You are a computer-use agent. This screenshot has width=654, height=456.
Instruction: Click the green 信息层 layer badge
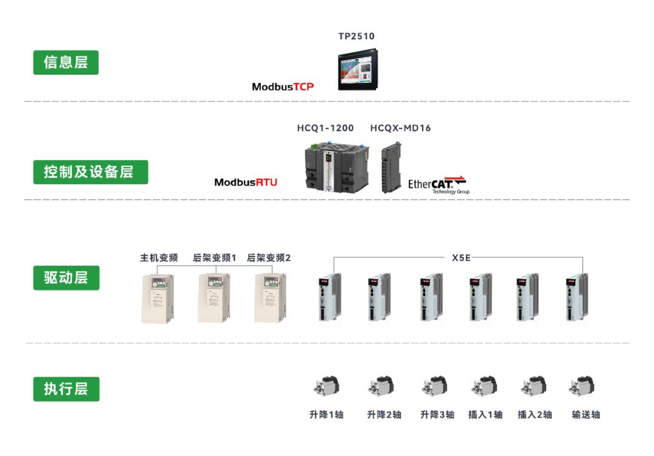pos(65,62)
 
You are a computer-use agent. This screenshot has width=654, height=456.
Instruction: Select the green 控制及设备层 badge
pos(90,172)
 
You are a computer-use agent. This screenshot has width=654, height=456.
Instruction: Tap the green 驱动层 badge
pos(66,278)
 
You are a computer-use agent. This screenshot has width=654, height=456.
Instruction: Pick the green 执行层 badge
pos(66,389)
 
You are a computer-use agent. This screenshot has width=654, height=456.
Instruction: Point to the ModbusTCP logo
pos(283,87)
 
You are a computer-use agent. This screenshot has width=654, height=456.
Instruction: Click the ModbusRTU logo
pos(246,182)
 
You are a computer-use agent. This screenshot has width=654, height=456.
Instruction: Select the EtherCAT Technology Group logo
pos(438,184)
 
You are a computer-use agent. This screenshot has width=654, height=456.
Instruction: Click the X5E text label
pos(461,258)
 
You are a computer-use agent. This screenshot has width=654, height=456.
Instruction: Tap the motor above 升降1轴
pos(326,386)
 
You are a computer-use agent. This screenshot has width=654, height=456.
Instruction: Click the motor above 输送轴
pos(581,386)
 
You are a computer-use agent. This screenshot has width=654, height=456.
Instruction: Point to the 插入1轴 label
pos(486,415)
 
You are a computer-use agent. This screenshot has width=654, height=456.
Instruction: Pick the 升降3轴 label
pos(437,415)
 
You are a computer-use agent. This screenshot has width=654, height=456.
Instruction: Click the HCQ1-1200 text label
pos(325,128)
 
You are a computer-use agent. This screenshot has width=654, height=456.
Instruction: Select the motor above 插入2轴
pos(533,386)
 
